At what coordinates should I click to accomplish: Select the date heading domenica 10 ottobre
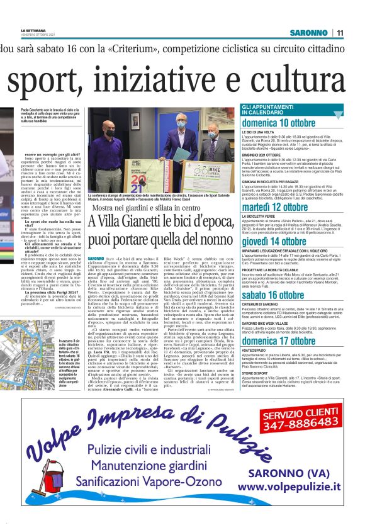tap(287, 122)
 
